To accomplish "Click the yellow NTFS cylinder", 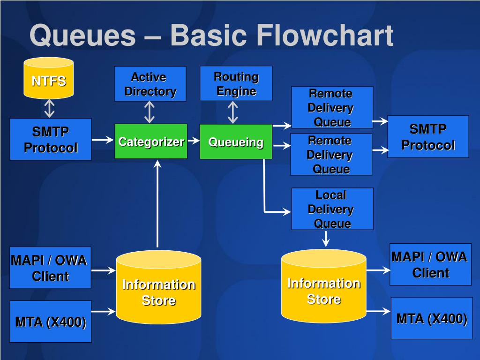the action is [49, 78].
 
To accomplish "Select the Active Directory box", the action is [150, 84].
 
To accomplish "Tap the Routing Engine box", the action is [236, 83].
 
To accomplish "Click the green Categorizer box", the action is [151, 142].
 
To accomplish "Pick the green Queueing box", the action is [236, 142].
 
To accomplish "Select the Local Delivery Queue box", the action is [332, 209].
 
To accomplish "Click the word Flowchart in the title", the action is [325, 35].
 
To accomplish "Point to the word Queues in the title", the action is [82, 36].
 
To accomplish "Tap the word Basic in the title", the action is [209, 35].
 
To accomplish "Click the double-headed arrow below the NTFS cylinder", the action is [49, 108].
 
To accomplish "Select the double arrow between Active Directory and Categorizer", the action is [149, 112].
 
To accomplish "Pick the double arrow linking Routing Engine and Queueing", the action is [232, 112].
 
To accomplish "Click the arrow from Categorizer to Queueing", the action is [194, 141].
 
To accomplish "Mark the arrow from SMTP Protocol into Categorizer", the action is [103, 140].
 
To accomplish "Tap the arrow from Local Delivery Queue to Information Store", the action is [326, 239].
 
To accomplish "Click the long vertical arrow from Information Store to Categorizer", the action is [157, 203].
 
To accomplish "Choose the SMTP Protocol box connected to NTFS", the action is [51, 139].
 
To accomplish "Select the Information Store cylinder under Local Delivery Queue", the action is [323, 286].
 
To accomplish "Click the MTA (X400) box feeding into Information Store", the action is [51, 322].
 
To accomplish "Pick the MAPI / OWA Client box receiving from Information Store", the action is [430, 264].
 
